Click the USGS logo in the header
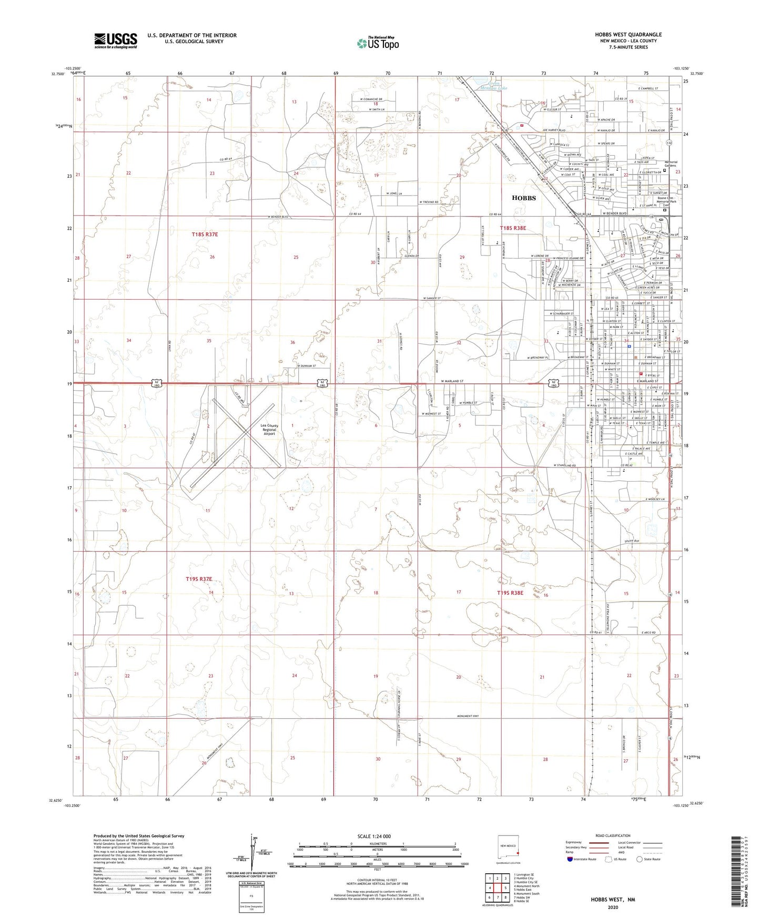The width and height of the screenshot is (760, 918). pos(115,40)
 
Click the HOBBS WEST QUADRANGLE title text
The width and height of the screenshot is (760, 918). pos(628,35)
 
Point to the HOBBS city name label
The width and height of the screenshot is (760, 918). pos(523,198)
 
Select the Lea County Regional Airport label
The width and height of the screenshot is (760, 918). pos(269,430)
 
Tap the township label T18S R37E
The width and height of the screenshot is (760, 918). pos(205,234)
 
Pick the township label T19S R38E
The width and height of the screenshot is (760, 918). pos(510,593)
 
